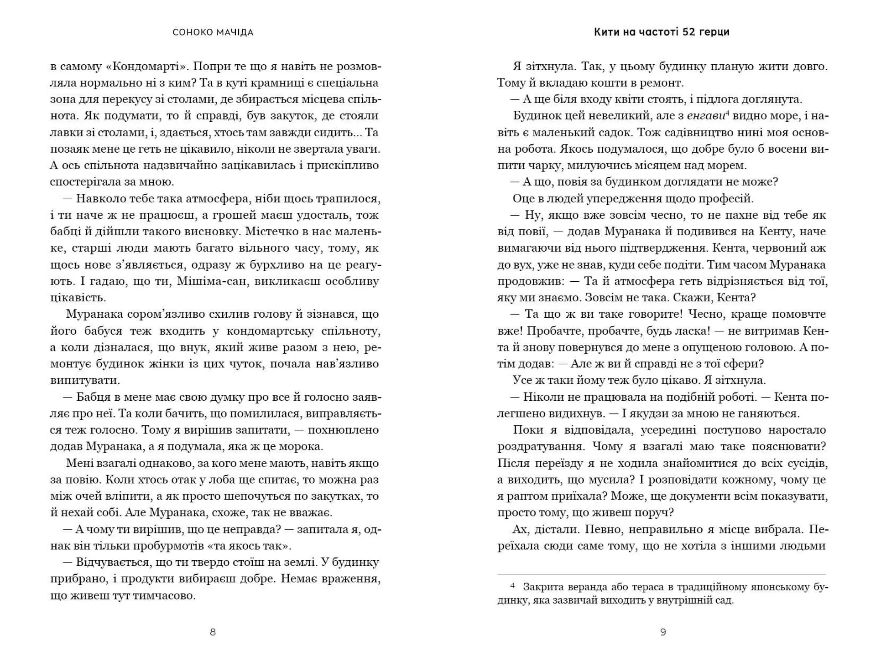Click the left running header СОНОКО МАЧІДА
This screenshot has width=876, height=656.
pos(213,32)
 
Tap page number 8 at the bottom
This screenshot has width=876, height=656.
pos(213,632)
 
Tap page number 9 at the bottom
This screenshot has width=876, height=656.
pos(663,632)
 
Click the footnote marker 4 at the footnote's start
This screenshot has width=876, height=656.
pos(513,586)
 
